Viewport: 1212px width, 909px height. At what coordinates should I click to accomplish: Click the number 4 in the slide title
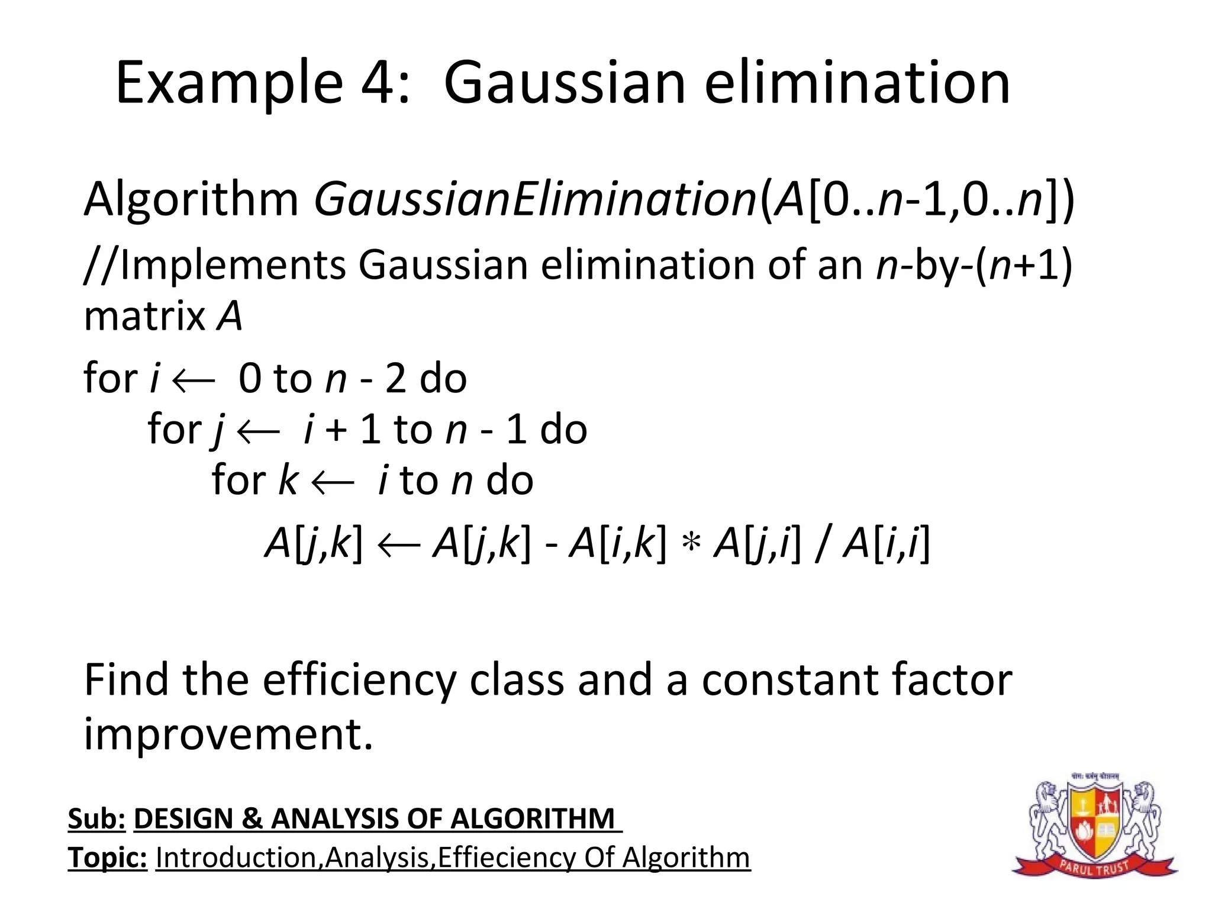(379, 83)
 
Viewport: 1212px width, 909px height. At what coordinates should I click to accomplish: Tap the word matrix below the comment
(144, 316)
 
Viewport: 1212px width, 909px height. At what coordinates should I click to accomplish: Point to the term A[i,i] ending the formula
(886, 543)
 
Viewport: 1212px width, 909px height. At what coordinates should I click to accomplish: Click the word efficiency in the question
(359, 681)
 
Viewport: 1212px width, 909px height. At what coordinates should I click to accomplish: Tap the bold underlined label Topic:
(107, 858)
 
